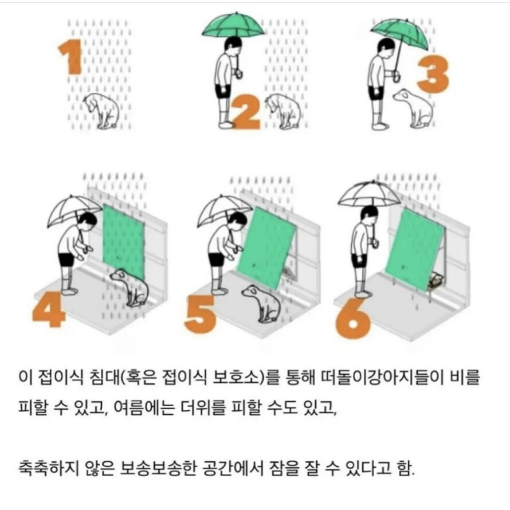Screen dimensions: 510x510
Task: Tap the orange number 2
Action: pos(247,112)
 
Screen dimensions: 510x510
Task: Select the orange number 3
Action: pos(433,74)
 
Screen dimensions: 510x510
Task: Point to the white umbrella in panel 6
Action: pos(368,195)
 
